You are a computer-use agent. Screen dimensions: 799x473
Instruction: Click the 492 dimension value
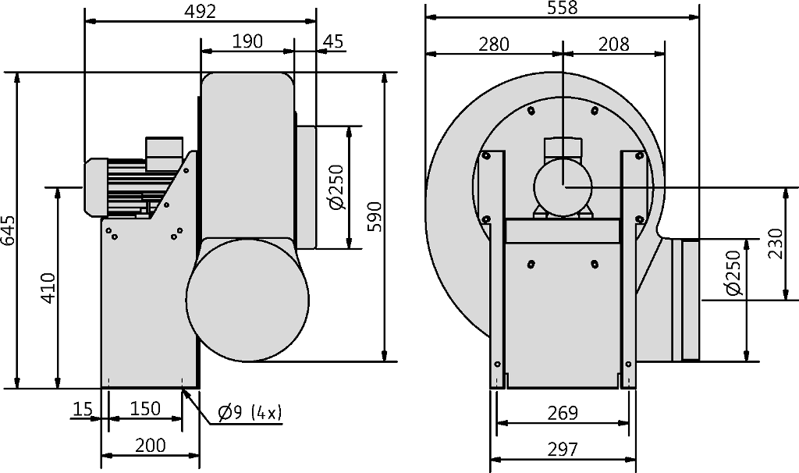click(201, 11)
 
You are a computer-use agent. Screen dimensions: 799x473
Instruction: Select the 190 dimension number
click(247, 41)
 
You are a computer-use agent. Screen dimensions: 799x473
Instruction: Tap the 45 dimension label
click(333, 41)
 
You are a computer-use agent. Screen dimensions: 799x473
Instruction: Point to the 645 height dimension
click(9, 230)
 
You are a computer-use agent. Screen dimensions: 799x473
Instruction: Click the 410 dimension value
click(48, 288)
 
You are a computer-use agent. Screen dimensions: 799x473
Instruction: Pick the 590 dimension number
click(375, 217)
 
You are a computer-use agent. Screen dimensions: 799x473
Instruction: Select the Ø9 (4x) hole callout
click(250, 412)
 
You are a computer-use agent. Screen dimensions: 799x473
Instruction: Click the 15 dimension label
click(83, 409)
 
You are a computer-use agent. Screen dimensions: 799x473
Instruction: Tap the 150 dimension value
click(145, 409)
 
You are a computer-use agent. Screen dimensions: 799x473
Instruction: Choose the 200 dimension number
click(151, 446)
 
